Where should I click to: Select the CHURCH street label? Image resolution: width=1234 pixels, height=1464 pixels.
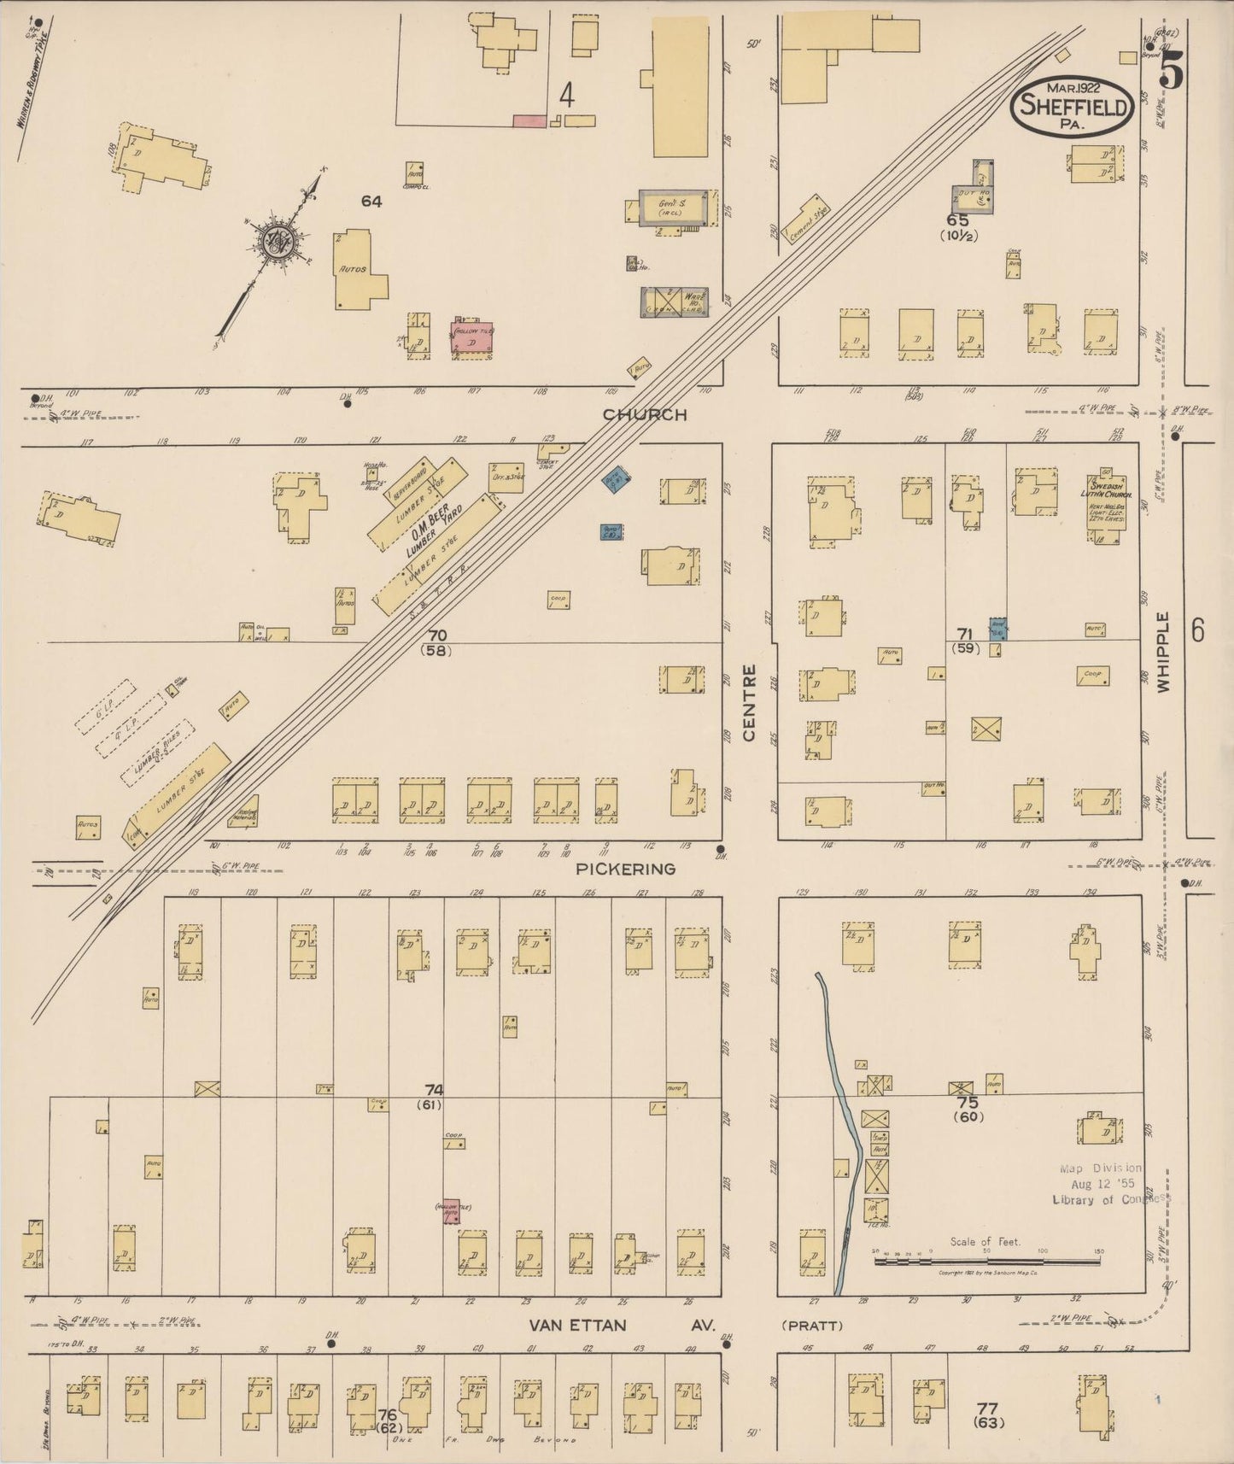645,415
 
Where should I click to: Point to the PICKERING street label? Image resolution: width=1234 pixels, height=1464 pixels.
625,869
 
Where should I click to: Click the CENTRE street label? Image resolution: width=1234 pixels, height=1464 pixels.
749,703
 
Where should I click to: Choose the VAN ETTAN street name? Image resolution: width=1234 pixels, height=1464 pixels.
577,1326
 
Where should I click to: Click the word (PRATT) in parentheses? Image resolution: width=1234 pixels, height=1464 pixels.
812,1326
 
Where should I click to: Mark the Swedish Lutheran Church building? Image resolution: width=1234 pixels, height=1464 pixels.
1107,503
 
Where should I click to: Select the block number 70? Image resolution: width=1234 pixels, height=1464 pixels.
436,635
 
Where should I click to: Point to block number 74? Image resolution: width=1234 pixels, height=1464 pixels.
435,1090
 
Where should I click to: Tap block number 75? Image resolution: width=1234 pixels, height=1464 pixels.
968,1103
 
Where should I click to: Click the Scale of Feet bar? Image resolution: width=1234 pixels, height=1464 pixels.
986,1260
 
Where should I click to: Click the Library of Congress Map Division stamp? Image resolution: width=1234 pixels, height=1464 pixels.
1106,1183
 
